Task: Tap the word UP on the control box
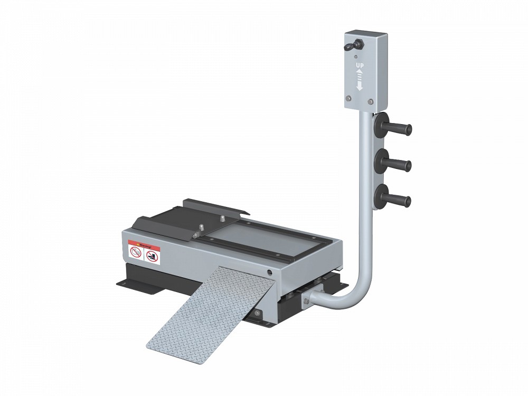(359, 65)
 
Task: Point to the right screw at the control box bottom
(371, 101)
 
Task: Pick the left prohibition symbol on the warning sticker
(136, 254)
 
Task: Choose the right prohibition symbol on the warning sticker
(152, 257)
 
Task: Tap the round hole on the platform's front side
(269, 272)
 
